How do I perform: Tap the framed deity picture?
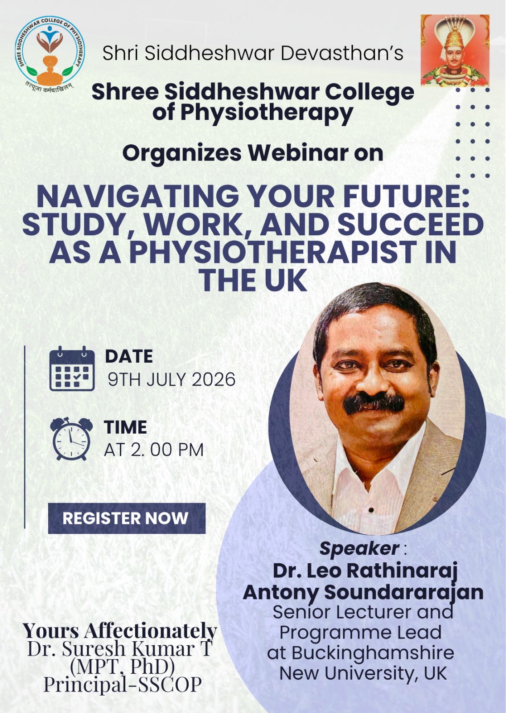coord(455,51)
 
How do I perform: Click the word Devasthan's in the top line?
coord(341,53)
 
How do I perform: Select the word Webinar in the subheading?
coord(298,153)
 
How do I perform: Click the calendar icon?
coord(72,368)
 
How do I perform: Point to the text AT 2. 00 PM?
coord(154,450)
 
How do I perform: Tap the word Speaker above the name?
coord(359,548)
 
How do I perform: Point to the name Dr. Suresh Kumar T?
coord(120,648)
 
